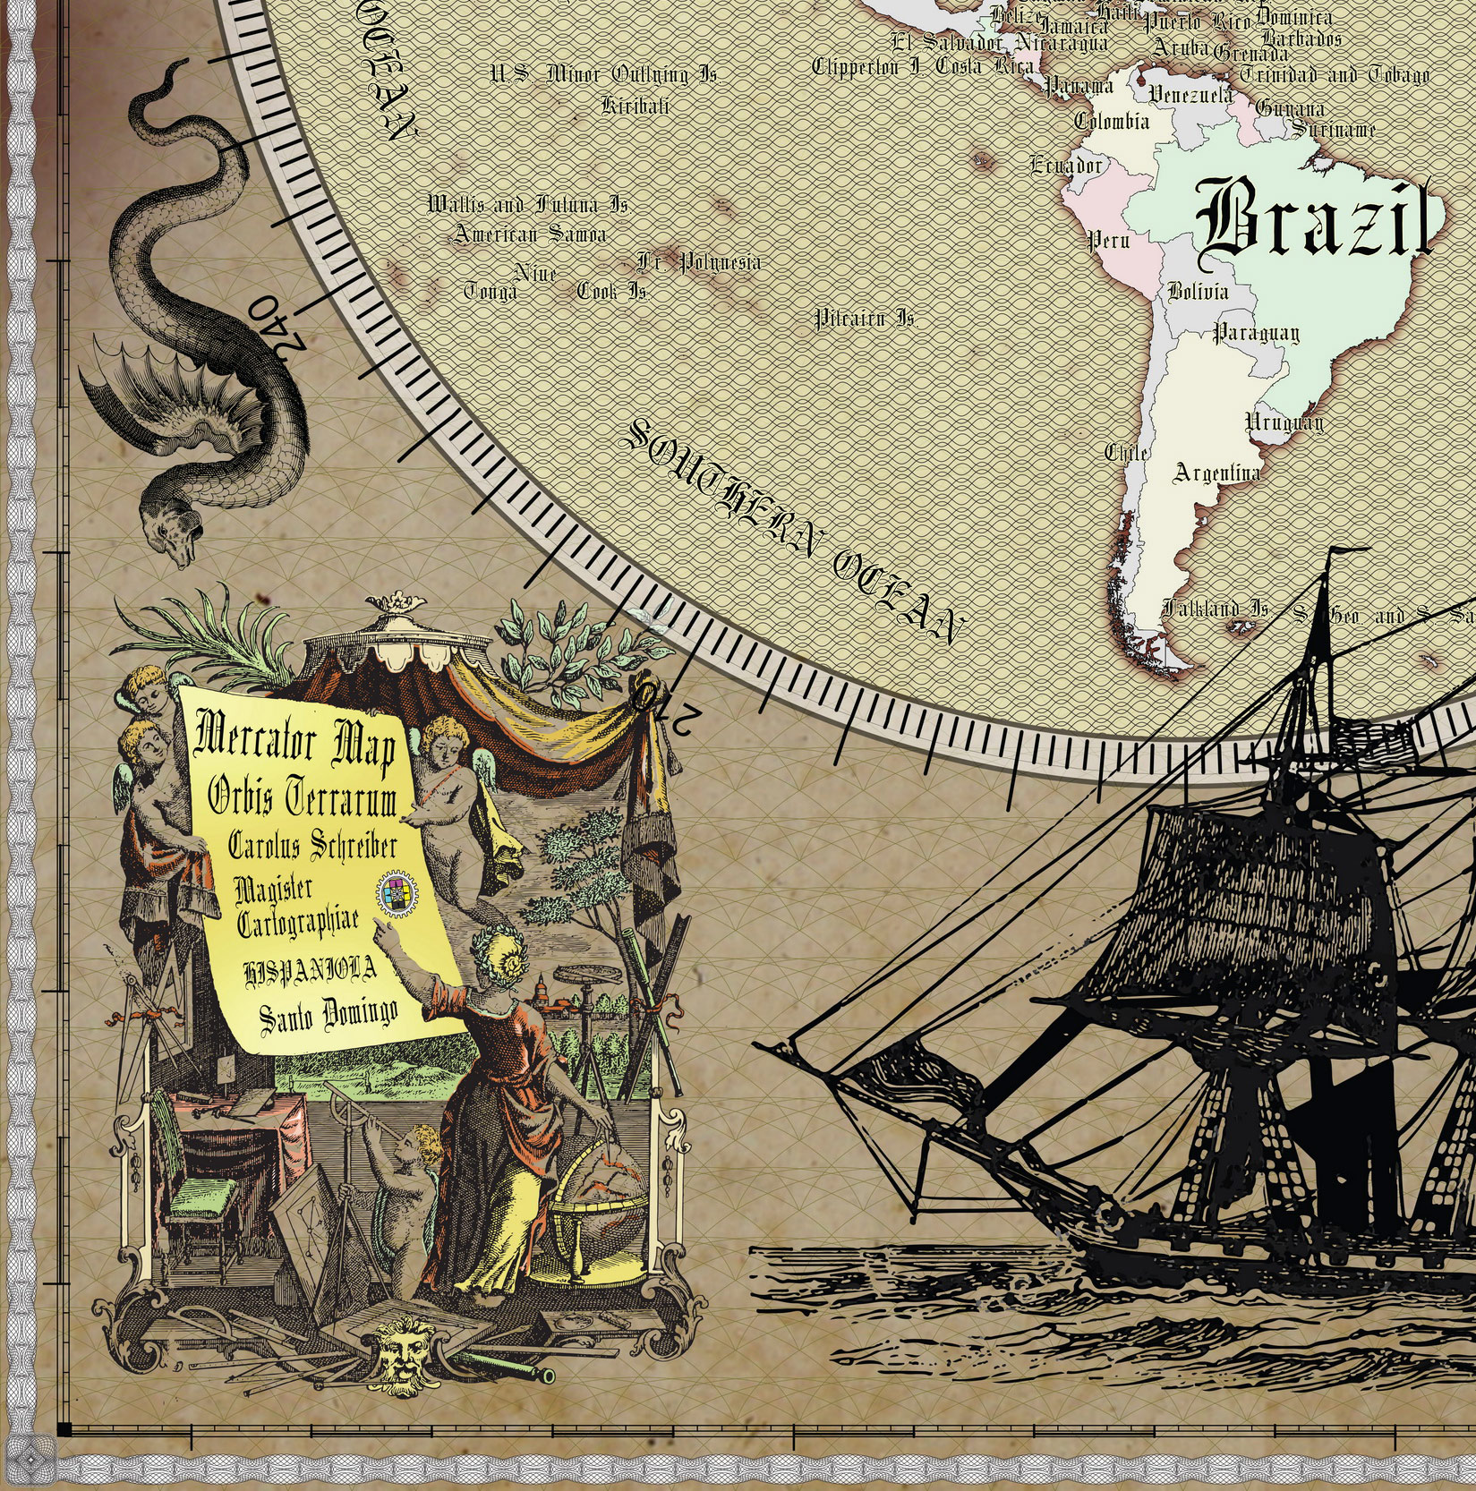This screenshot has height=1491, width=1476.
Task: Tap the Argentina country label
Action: (x=1217, y=473)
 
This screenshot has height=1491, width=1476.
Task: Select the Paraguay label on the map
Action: (x=1256, y=334)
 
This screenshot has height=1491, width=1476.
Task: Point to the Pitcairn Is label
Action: (x=865, y=319)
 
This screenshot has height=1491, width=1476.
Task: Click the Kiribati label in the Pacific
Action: (x=636, y=106)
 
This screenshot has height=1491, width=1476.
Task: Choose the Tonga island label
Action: (x=491, y=292)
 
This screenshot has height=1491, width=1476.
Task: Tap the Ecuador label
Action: (x=1066, y=165)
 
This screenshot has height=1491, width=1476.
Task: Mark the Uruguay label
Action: (x=1284, y=422)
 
